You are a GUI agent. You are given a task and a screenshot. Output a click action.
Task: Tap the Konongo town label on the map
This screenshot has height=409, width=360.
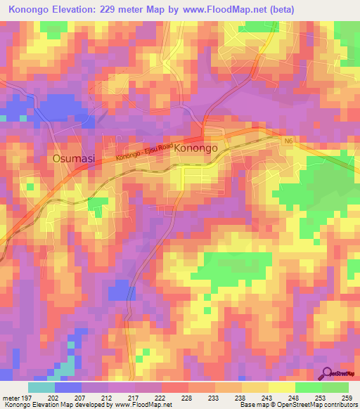(x=200, y=148)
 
